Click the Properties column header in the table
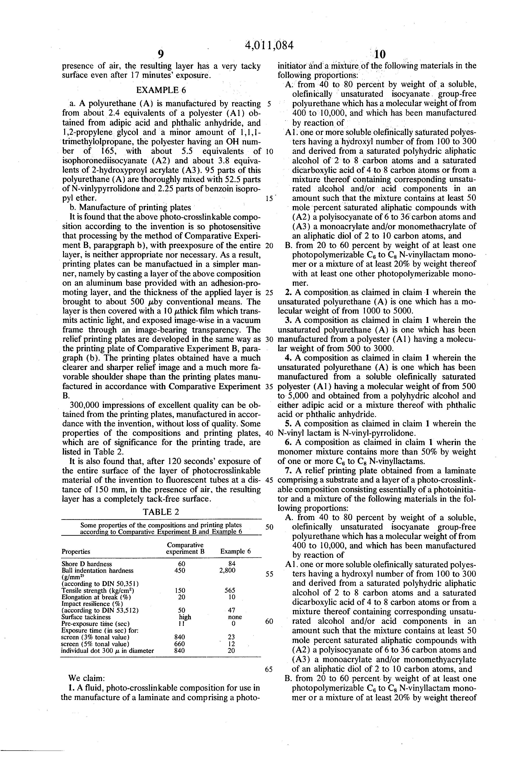76,552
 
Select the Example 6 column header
236,552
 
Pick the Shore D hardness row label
87,564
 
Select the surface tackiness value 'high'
185,617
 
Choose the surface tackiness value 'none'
235,617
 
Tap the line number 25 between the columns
269,293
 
